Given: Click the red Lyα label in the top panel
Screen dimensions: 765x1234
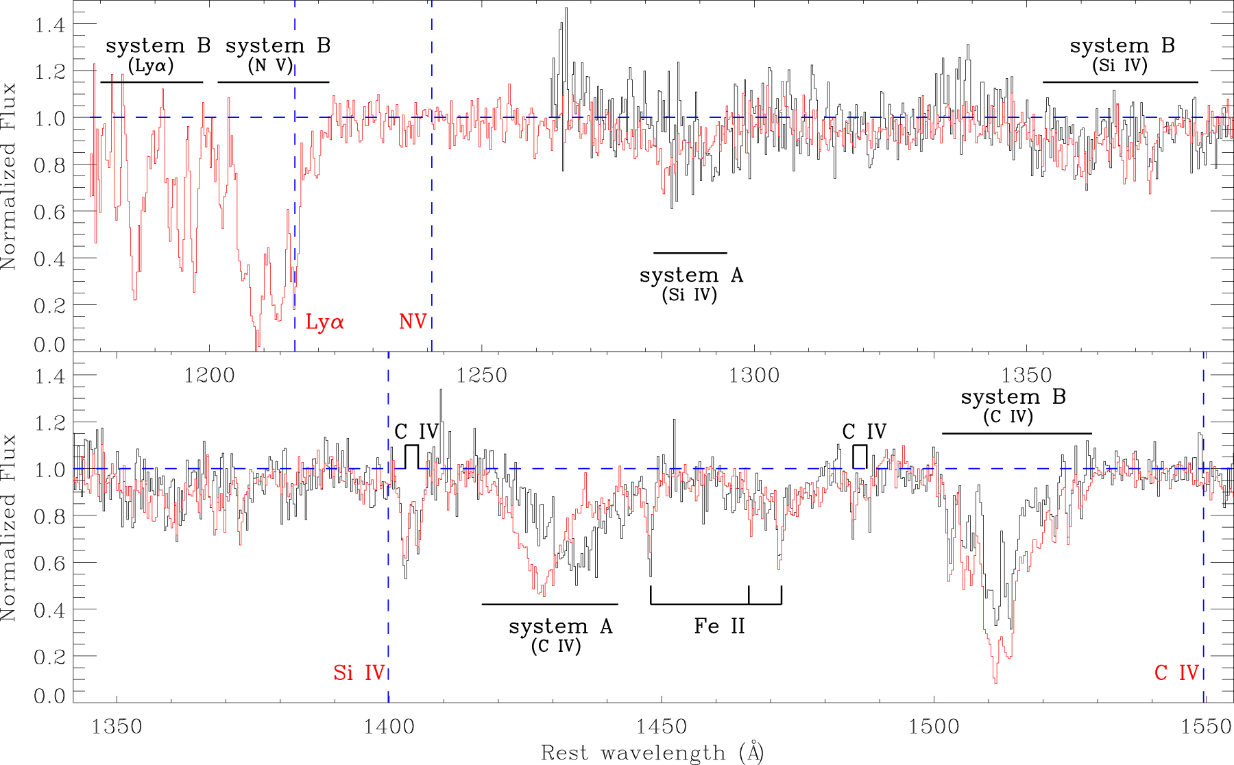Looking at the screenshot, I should pos(324,322).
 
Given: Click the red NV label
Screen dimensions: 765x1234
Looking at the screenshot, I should pos(413,321).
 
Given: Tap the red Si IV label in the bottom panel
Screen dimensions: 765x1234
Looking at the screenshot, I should pos(359,673).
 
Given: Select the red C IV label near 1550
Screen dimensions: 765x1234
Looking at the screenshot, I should pos(1176,673).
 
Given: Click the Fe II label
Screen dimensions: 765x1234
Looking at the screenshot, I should pos(719,626).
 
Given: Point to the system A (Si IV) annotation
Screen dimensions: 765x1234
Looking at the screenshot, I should pos(690,284).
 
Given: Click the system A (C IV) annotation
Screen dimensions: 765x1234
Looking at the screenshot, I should pos(559,635).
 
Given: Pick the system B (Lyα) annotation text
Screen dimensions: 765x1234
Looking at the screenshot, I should pos(157,55).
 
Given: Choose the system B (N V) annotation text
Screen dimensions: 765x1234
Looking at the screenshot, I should pos(278,55).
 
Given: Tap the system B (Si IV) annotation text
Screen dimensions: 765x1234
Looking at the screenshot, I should pos(1122,55).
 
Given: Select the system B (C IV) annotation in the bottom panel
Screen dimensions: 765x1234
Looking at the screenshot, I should pos(1013,406).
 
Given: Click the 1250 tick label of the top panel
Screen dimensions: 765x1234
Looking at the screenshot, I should pos(482,376).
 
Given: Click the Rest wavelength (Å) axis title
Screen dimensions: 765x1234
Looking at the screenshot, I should pos(652,753).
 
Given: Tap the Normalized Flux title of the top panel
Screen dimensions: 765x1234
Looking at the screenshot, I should pos(9,176).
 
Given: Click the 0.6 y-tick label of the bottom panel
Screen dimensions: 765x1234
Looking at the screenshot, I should pos(49,563).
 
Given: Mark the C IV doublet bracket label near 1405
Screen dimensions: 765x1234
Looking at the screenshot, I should pos(416,432).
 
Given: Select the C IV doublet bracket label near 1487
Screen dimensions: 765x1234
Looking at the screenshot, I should pos(864,432).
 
